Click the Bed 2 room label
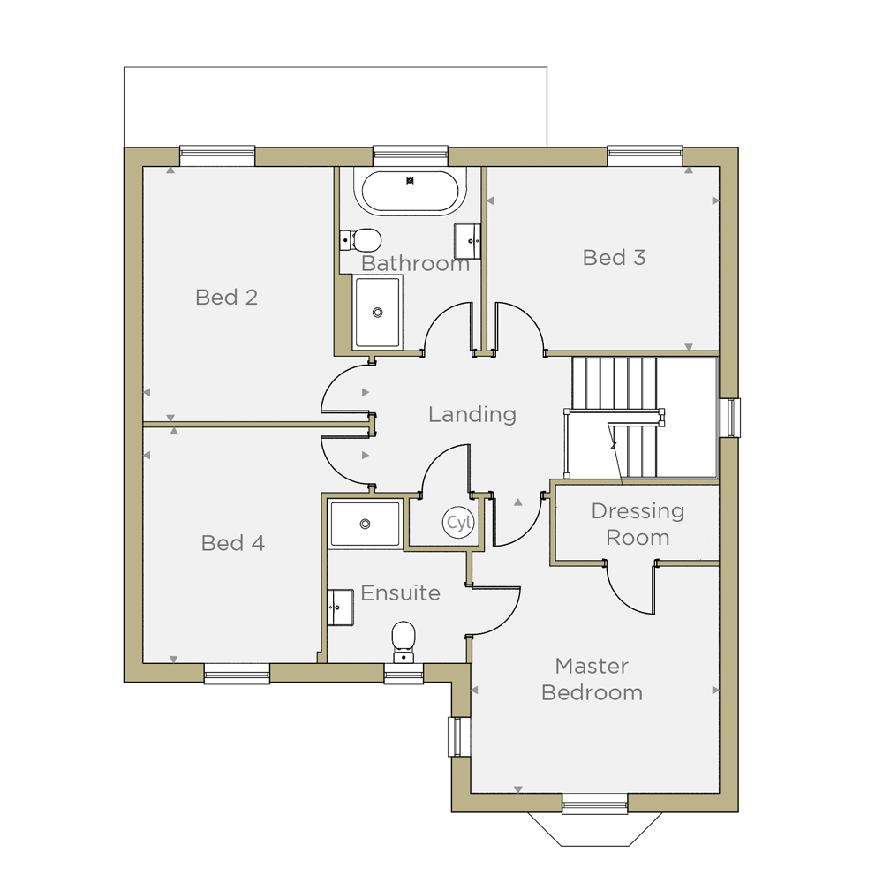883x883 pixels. coord(226,298)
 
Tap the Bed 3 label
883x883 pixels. coord(614,257)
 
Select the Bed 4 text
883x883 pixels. coord(232,543)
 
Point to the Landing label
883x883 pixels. coord(472,414)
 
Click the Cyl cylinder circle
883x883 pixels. coord(458,523)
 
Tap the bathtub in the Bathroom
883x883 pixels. coord(410,192)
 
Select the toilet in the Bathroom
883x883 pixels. coord(360,240)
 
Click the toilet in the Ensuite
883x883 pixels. coord(404,642)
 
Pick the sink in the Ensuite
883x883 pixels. coord(340,608)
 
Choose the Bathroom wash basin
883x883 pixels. coord(467,241)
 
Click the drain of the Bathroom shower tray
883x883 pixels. coord(377,313)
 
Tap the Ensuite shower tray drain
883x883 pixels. coord(365,525)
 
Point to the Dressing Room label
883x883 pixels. coord(638,525)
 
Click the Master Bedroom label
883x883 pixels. coord(592,679)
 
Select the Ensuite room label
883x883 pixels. coord(400,593)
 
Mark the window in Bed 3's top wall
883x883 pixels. coord(645,156)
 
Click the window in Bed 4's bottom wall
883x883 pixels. coord(237,674)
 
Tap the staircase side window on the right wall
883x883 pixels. coord(730,418)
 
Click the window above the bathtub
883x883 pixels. coord(411,156)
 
